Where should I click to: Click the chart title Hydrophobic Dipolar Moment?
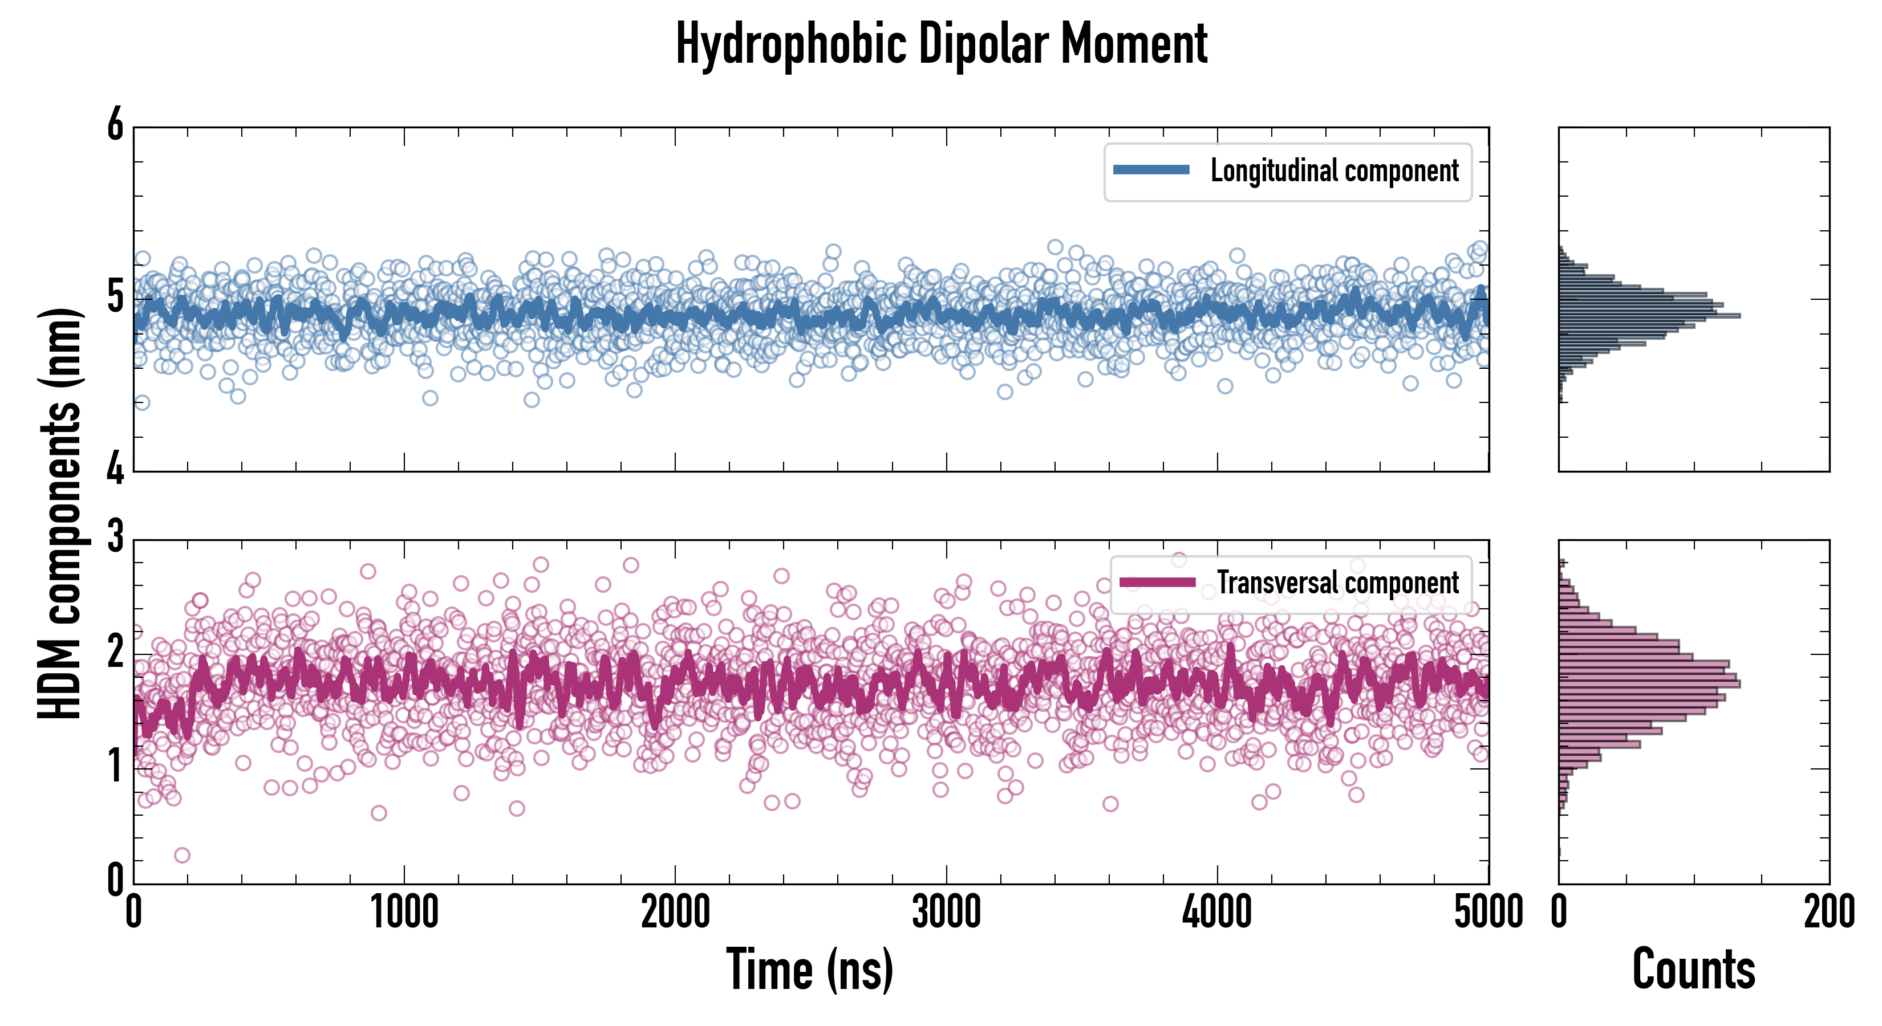click(941, 45)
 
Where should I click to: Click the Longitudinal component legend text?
click(1334, 171)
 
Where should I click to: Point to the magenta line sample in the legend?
click(1157, 582)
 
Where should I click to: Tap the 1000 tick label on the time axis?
click(404, 913)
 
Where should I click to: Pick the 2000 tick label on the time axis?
click(675, 913)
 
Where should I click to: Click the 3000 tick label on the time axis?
click(946, 913)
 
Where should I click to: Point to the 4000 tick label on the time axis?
click(1217, 913)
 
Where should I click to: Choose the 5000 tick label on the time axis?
click(1488, 913)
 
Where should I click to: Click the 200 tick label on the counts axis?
click(1828, 913)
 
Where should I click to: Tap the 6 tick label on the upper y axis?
click(115, 125)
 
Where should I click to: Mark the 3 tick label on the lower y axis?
click(115, 538)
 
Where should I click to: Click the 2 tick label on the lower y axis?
click(115, 653)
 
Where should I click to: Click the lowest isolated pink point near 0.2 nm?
click(182, 855)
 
